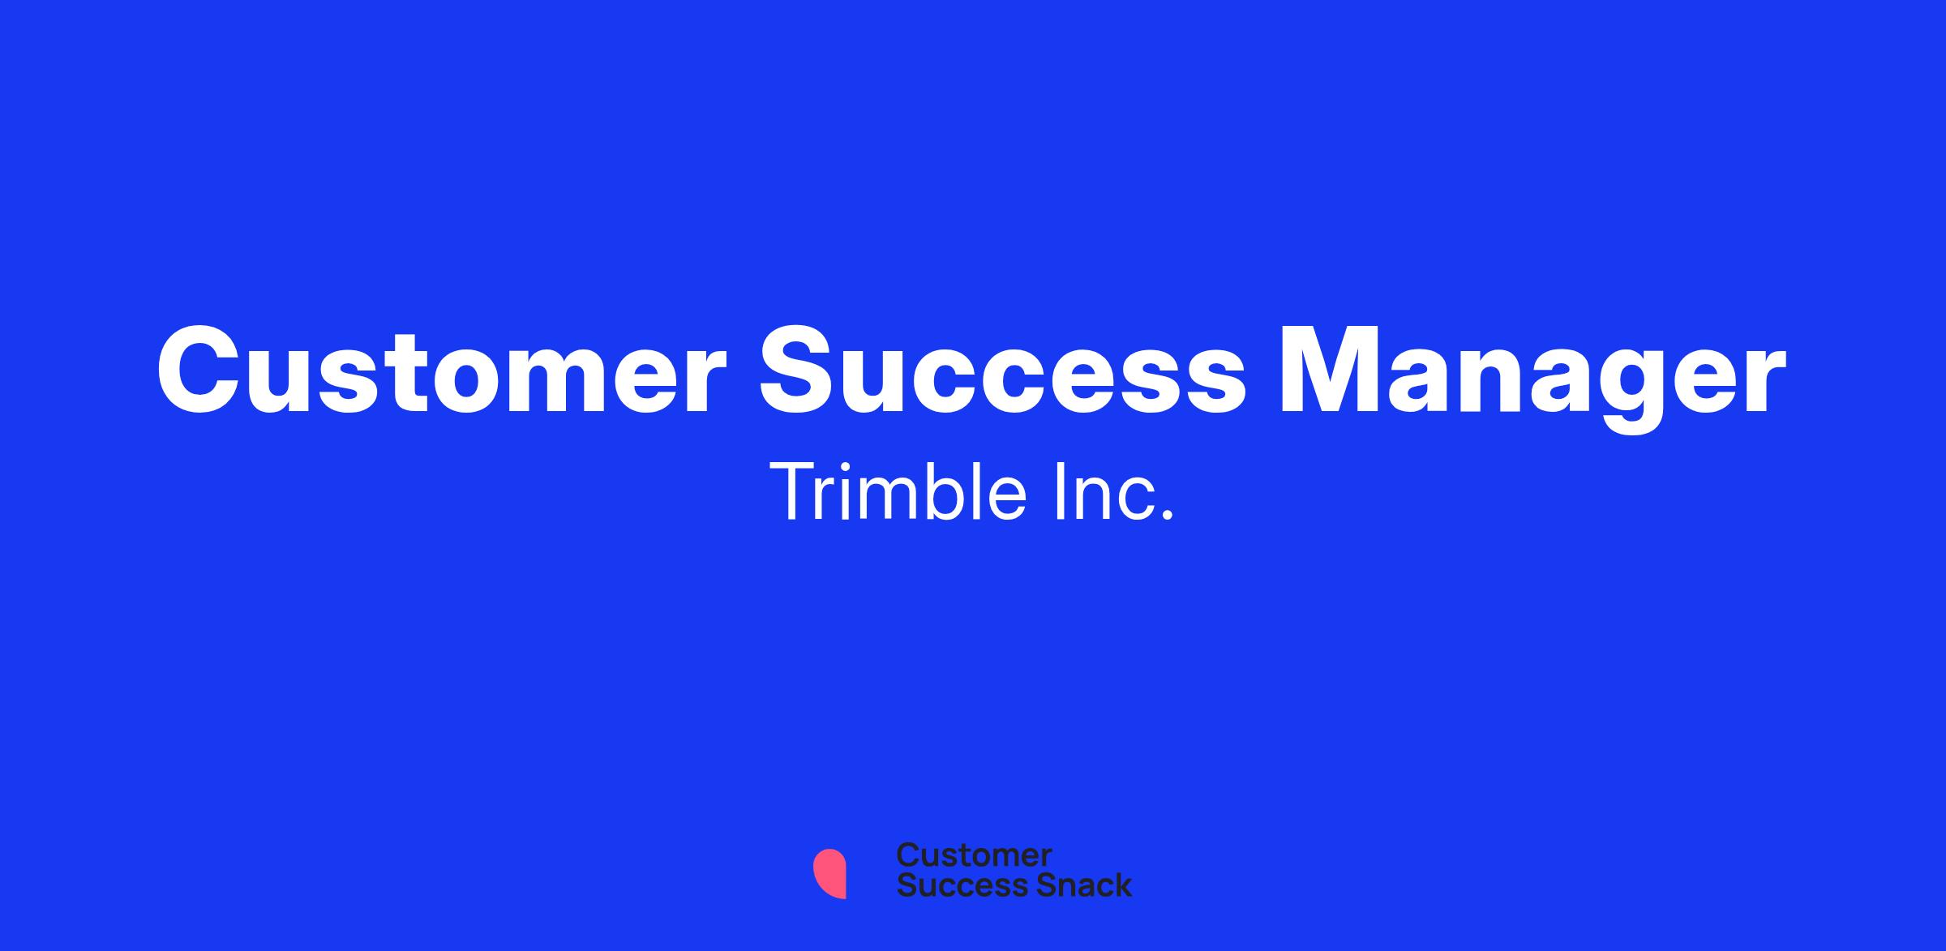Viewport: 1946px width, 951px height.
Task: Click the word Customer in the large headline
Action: point(441,370)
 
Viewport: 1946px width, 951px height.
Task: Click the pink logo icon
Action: point(829,873)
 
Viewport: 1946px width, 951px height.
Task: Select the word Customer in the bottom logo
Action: point(974,855)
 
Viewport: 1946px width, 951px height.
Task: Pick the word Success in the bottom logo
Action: point(952,885)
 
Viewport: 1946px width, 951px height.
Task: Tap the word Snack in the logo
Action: point(1072,885)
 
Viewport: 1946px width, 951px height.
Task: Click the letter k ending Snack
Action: point(1121,885)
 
